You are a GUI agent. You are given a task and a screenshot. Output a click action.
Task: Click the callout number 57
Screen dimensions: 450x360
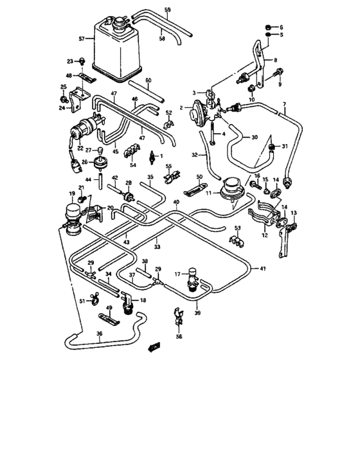[x=82, y=39]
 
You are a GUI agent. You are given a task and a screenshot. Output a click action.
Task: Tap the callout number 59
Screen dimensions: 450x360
[x=167, y=10]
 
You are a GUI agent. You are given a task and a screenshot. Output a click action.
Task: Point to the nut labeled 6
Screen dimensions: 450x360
[x=266, y=27]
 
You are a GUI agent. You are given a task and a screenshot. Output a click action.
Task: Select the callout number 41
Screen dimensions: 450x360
[x=262, y=268]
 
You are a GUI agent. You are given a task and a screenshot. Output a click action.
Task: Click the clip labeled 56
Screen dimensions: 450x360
[x=178, y=316]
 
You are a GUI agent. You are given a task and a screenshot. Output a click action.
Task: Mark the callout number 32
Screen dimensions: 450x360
[x=194, y=155]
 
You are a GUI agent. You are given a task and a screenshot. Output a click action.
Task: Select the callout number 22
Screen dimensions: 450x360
[x=80, y=148]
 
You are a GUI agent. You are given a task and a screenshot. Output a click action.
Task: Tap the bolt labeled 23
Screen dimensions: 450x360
[x=84, y=61]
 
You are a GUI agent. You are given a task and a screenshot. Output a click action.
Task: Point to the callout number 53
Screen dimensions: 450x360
[x=237, y=228]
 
